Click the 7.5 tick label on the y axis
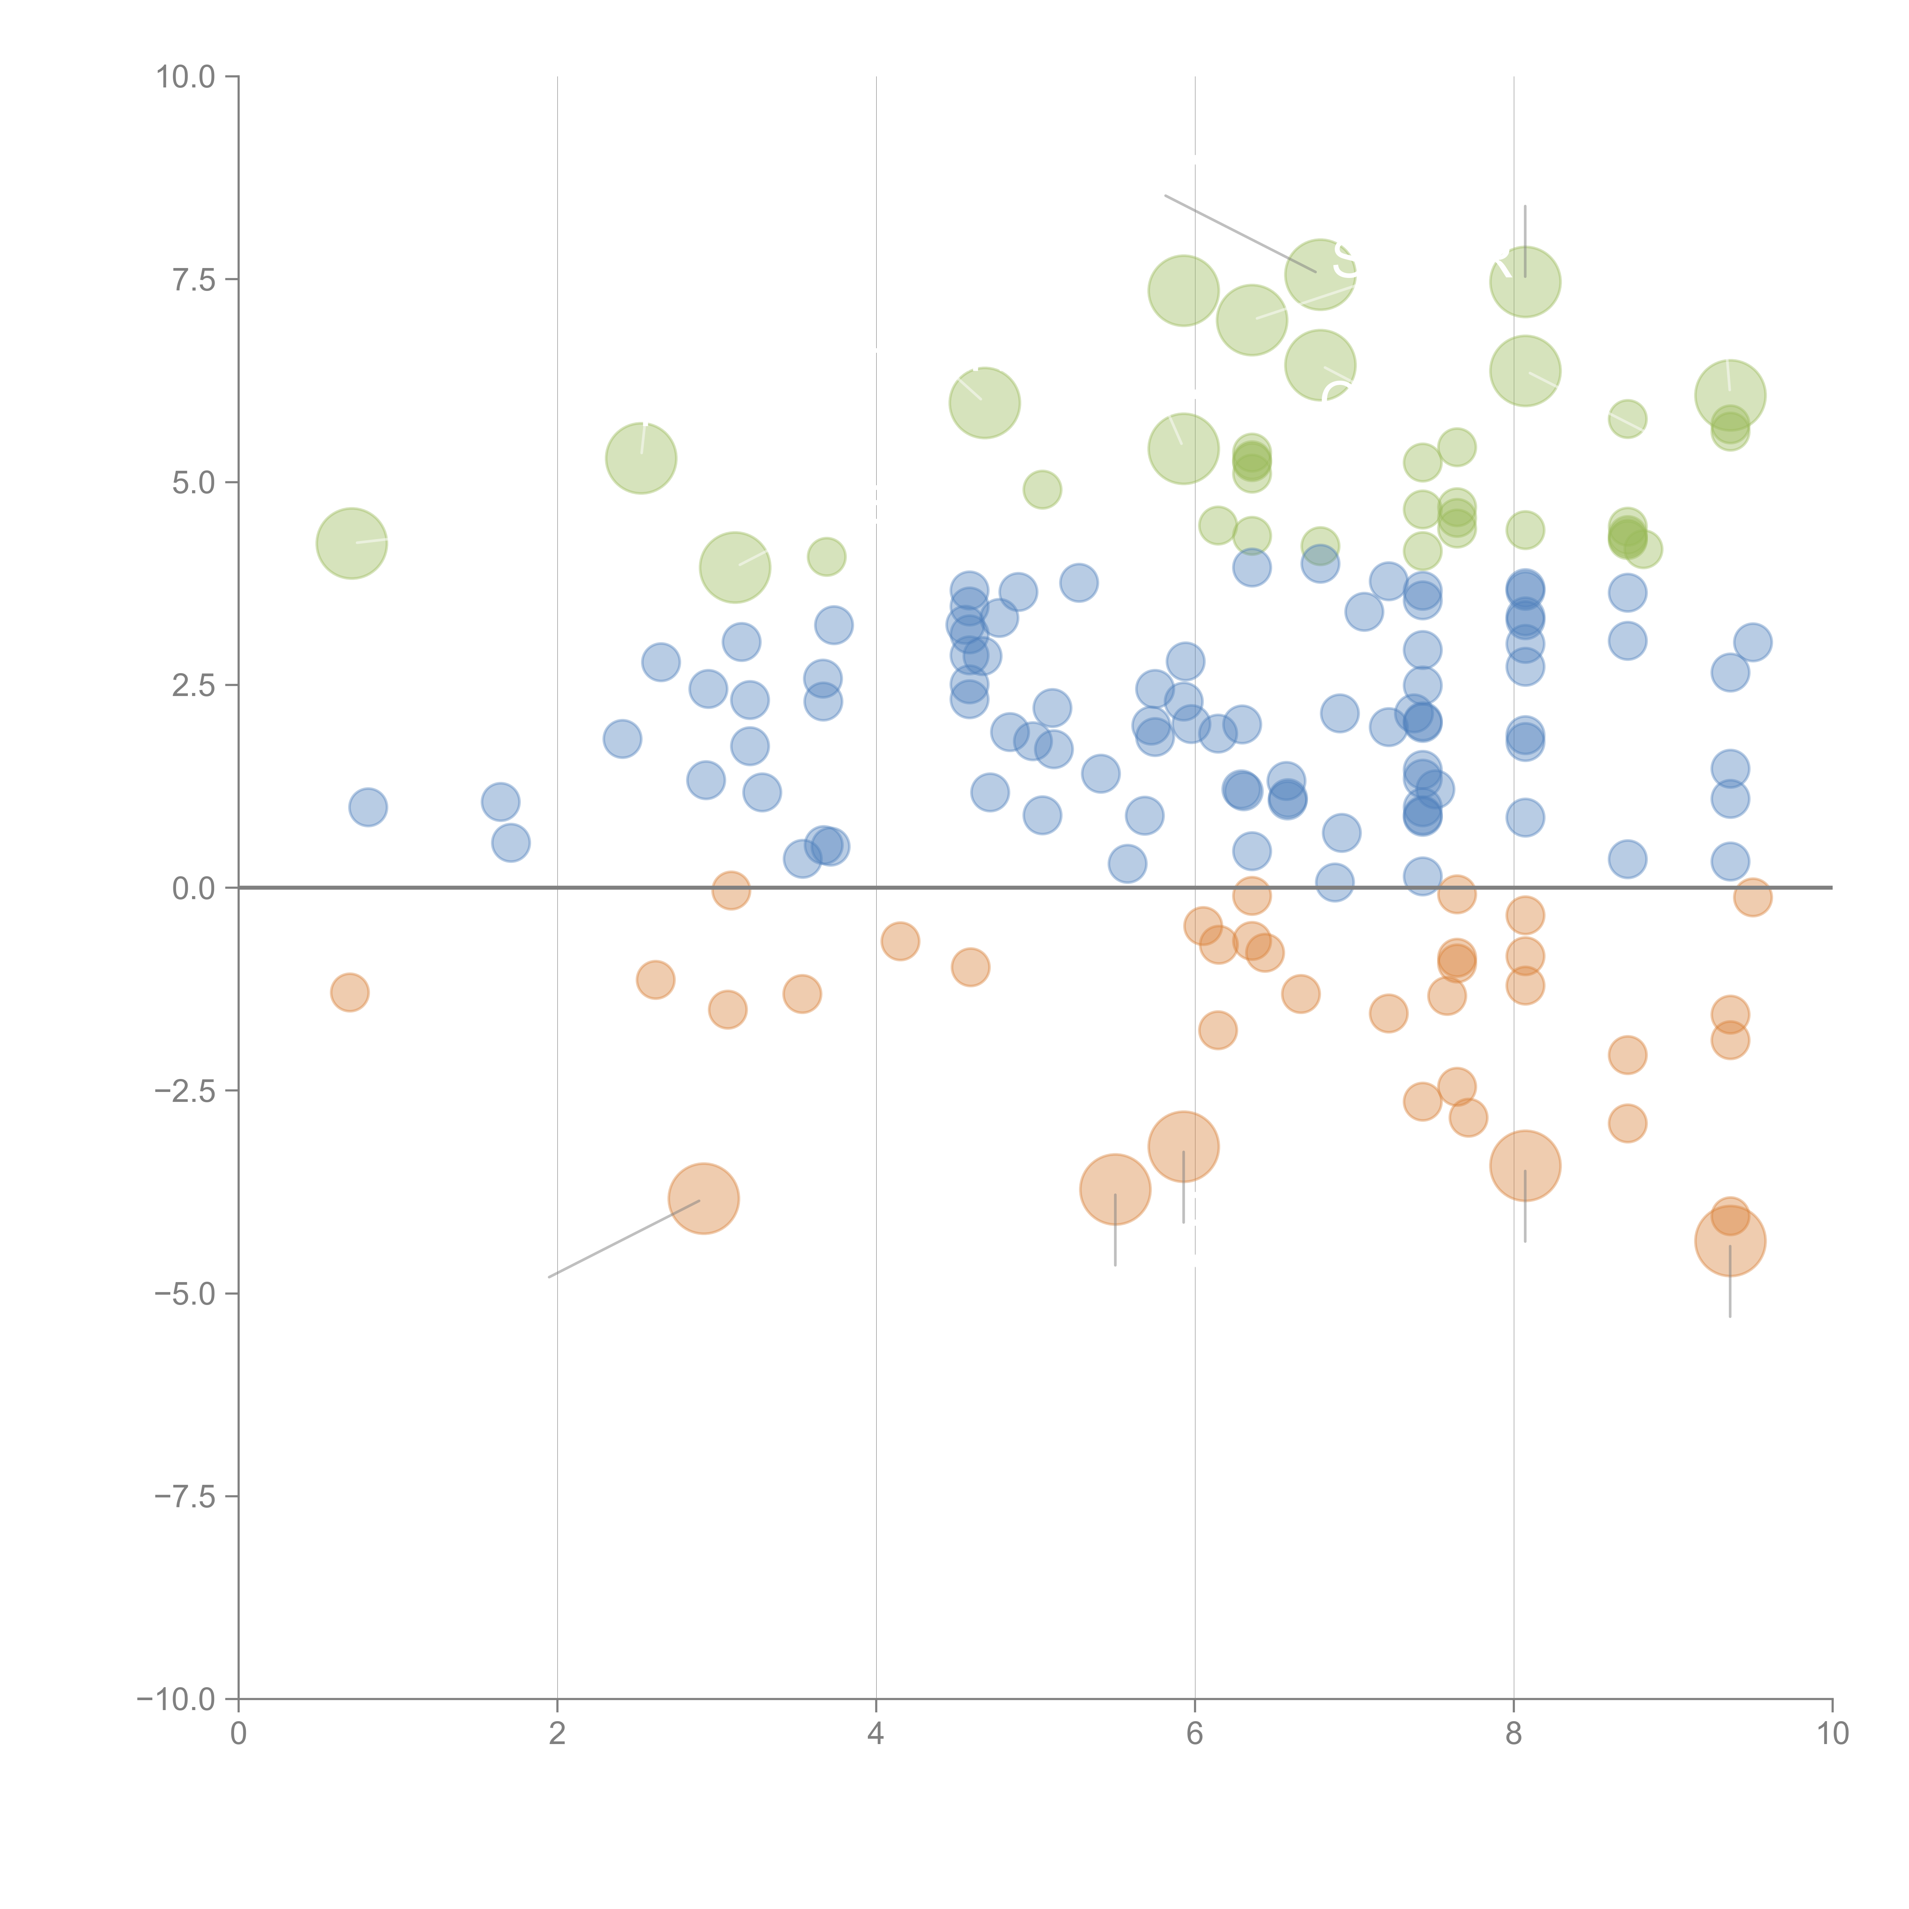[194, 279]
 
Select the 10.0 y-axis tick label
[186, 77]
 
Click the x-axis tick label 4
[875, 1734]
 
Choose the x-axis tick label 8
[1514, 1734]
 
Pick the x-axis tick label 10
[1832, 1734]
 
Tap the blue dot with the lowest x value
[368, 807]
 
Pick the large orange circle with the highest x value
[1729, 1241]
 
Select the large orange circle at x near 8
[1525, 1166]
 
